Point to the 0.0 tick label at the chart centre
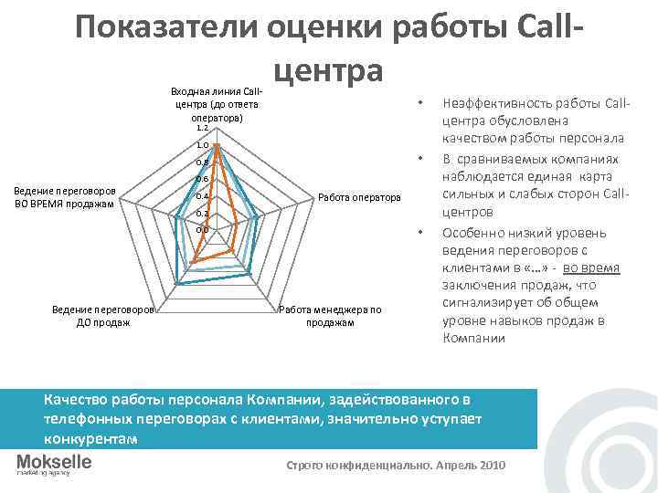pyautogui.click(x=203, y=230)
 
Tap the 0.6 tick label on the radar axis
pyautogui.click(x=203, y=180)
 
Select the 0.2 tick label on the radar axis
pyautogui.click(x=203, y=214)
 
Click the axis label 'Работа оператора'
pyautogui.click(x=359, y=197)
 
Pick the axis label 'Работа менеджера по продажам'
pyautogui.click(x=330, y=316)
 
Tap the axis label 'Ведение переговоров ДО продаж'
pyautogui.click(x=103, y=316)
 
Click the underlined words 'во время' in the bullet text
pyautogui.click(x=591, y=267)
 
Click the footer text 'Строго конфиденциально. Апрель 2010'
pyautogui.click(x=395, y=465)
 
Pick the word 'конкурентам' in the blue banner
pyautogui.click(x=90, y=439)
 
